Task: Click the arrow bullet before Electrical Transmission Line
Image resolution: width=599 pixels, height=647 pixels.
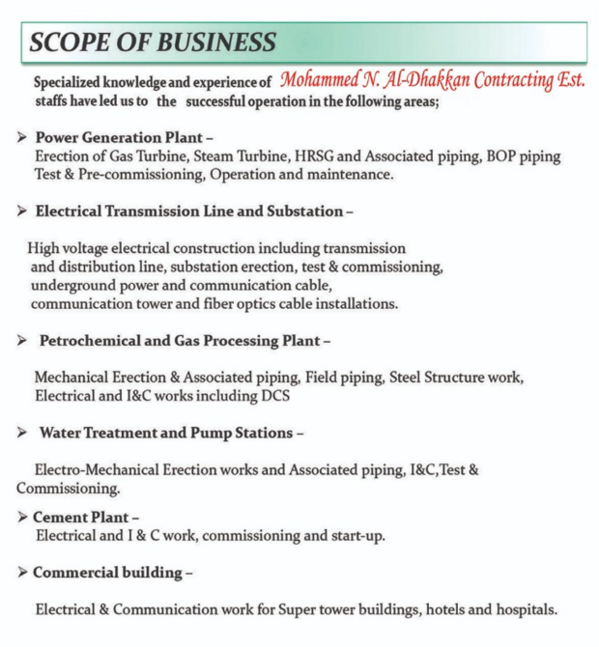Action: click(21, 211)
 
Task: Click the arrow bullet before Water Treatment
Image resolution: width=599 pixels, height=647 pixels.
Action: click(21, 433)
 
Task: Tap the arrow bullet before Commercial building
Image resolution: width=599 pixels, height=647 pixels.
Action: click(21, 573)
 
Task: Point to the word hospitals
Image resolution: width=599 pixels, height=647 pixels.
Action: click(521, 610)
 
